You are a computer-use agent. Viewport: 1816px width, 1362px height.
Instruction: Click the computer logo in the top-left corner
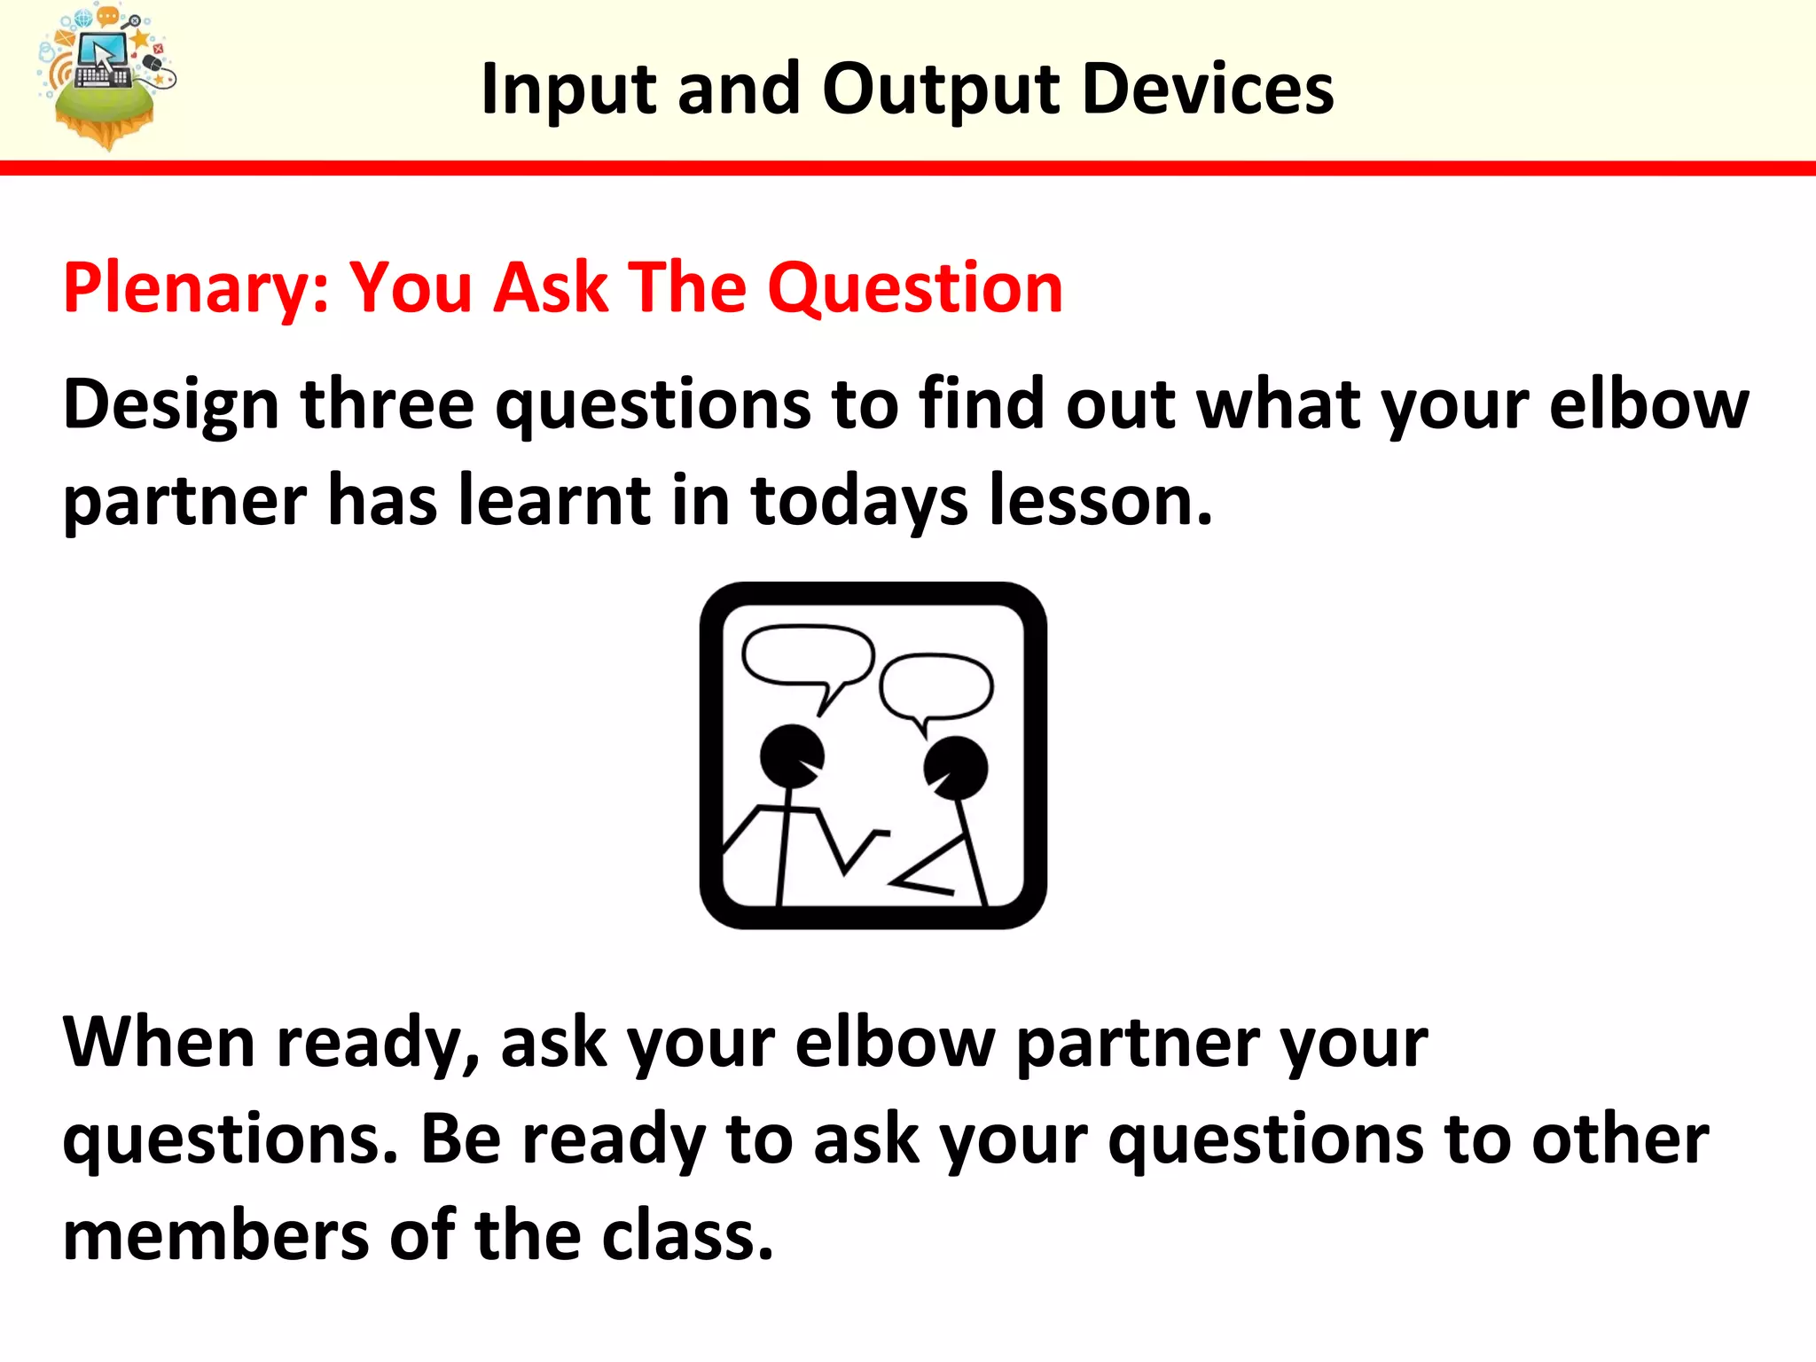coord(105,75)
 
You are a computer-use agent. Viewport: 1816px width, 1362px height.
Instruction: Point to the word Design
coord(171,405)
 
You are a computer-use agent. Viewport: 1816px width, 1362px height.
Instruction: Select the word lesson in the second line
coord(1099,500)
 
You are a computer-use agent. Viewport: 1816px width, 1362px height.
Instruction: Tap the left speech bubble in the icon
coord(807,656)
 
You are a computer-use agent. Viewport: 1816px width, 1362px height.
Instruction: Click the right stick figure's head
coord(955,767)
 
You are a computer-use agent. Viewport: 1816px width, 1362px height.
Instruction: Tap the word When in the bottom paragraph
coord(159,1042)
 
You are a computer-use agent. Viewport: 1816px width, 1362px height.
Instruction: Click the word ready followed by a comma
coord(377,1044)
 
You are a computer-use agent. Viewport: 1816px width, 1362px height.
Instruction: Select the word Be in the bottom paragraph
coord(460,1139)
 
